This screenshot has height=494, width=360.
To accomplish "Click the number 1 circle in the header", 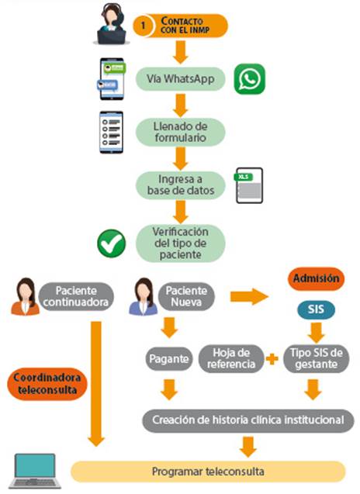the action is pyautogui.click(x=144, y=26).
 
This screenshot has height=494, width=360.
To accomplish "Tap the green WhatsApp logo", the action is pyautogui.click(x=250, y=79).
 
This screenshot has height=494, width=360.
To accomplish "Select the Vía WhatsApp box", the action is pyautogui.click(x=180, y=79).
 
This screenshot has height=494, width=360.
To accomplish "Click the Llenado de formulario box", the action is pyautogui.click(x=180, y=132).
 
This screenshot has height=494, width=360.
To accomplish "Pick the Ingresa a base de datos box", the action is pyautogui.click(x=180, y=185).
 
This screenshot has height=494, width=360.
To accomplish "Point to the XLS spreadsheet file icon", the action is pyautogui.click(x=249, y=185).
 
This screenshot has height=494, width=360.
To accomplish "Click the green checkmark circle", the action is pyautogui.click(x=112, y=244).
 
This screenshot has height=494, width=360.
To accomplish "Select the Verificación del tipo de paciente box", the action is pyautogui.click(x=180, y=244).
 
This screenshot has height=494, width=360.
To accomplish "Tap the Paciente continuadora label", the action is pyautogui.click(x=76, y=296).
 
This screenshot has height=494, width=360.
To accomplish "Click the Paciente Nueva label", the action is pyautogui.click(x=186, y=296).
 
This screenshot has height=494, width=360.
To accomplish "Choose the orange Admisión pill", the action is pyautogui.click(x=317, y=279).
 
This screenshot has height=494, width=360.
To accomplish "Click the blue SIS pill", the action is pyautogui.click(x=316, y=309).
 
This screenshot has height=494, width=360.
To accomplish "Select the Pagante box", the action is pyautogui.click(x=169, y=358).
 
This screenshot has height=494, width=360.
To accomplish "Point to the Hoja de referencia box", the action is pyautogui.click(x=231, y=358).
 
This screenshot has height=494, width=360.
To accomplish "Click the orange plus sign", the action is pyautogui.click(x=272, y=359).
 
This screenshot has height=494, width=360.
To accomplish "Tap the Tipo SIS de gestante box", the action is pyautogui.click(x=317, y=358).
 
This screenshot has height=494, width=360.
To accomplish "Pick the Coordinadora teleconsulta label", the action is pyautogui.click(x=47, y=384).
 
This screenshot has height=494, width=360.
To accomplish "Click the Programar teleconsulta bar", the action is pyautogui.click(x=208, y=472).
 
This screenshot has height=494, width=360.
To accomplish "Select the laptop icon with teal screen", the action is pyautogui.click(x=35, y=471).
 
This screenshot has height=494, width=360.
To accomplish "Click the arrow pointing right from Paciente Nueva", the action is pyautogui.click(x=249, y=297).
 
